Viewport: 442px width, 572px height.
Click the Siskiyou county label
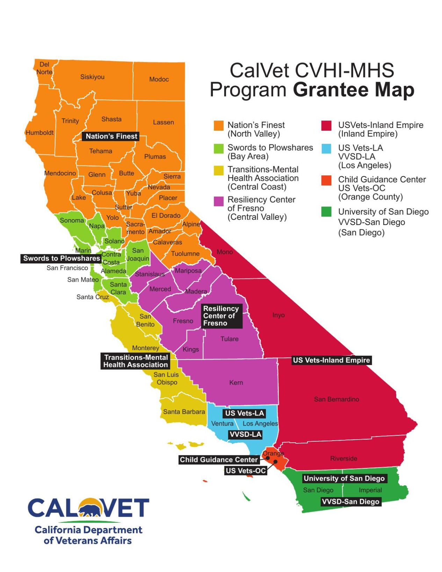pyautogui.click(x=92, y=77)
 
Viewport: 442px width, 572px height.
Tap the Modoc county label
pyautogui.click(x=159, y=79)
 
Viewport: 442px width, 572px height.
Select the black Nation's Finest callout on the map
pyautogui.click(x=111, y=136)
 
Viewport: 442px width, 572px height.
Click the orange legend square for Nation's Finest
pyautogui.click(x=218, y=126)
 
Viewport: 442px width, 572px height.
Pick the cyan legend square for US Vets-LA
pyautogui.click(x=326, y=149)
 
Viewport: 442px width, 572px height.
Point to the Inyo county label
pyautogui.click(x=278, y=315)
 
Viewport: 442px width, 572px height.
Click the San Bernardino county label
pyautogui.click(x=336, y=399)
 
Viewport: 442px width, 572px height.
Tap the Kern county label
pyautogui.click(x=236, y=383)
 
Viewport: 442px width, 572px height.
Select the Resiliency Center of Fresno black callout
pyautogui.click(x=222, y=316)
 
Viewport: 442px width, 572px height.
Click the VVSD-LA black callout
pyautogui.click(x=245, y=434)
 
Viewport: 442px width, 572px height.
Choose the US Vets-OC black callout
pyautogui.click(x=246, y=471)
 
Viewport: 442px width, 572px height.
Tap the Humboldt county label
pyautogui.click(x=39, y=133)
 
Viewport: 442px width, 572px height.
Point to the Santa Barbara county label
pyautogui.click(x=184, y=412)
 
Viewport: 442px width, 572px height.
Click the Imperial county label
pyautogui.click(x=370, y=490)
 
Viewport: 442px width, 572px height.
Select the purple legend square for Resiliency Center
pyautogui.click(x=218, y=201)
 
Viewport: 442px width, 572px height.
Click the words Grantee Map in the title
pyautogui.click(x=353, y=90)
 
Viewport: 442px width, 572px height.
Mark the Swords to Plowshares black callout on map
pyautogui.click(x=61, y=258)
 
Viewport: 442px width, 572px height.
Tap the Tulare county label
pyautogui.click(x=229, y=339)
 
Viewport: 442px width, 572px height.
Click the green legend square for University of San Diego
pyautogui.click(x=326, y=212)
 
